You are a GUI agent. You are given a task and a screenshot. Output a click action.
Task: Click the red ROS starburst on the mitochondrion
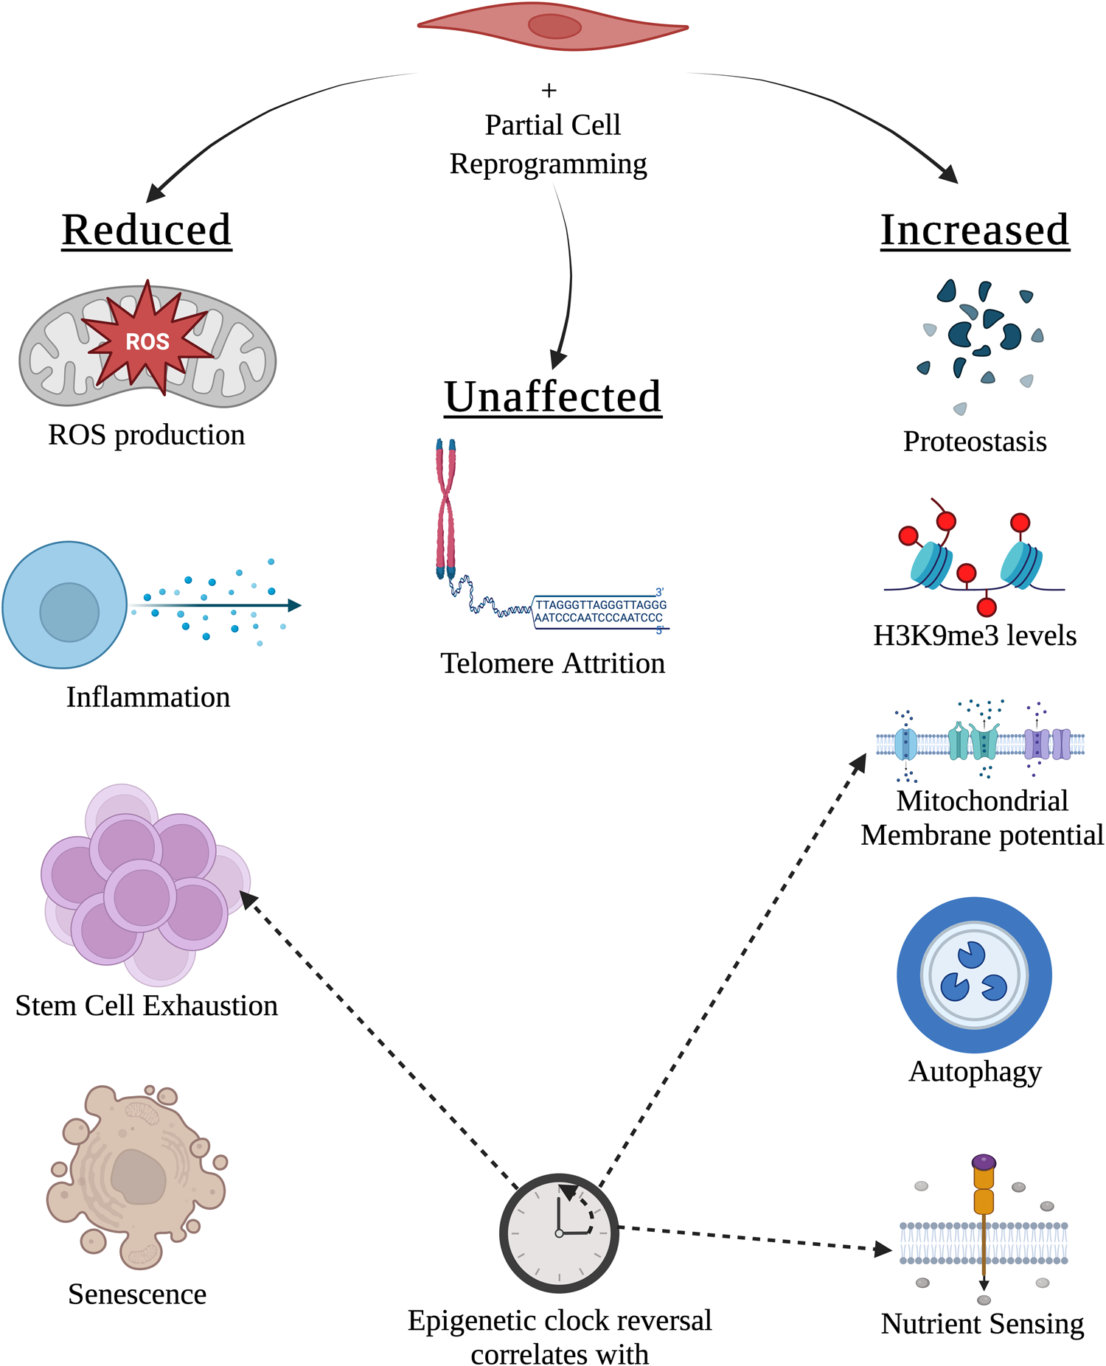click(x=147, y=341)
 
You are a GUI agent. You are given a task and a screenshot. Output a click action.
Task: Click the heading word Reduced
click(x=147, y=230)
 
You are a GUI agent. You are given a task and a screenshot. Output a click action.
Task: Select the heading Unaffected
click(x=552, y=397)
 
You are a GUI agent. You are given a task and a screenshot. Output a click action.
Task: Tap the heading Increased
click(x=974, y=230)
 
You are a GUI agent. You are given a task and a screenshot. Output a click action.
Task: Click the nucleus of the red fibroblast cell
click(x=554, y=27)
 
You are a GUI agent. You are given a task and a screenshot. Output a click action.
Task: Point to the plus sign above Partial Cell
click(x=549, y=91)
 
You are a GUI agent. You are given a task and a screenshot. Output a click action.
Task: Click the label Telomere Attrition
click(x=552, y=663)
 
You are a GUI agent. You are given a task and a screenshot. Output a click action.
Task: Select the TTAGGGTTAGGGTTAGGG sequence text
click(x=600, y=604)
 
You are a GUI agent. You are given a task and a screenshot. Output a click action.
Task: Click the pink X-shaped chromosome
click(x=445, y=509)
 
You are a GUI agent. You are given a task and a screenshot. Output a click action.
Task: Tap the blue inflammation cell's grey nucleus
click(x=69, y=612)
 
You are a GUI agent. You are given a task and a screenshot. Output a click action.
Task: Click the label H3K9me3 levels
click(x=974, y=635)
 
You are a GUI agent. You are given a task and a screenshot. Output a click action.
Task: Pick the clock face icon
click(x=559, y=1233)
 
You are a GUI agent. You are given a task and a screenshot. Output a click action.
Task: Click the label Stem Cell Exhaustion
click(x=146, y=1006)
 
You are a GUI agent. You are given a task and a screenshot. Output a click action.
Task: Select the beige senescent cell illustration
click(x=136, y=1176)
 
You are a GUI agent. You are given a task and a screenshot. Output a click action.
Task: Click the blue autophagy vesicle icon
click(x=973, y=975)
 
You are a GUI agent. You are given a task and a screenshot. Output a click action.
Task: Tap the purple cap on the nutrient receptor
click(x=984, y=1163)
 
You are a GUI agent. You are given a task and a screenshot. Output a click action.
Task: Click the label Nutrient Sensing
click(x=982, y=1323)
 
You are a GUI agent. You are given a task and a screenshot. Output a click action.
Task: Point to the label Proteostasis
click(x=974, y=442)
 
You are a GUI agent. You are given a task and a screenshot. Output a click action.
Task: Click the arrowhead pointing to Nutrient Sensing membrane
click(x=883, y=1249)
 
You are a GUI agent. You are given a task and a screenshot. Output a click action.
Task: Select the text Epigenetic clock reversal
click(x=559, y=1320)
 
